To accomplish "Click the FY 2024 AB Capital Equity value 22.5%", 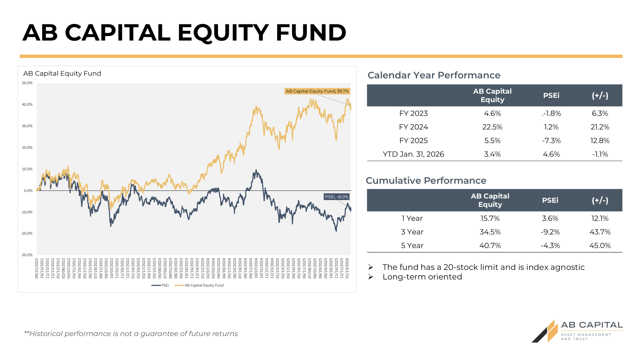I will pyautogui.click(x=492, y=127).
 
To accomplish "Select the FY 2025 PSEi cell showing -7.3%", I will pyautogui.click(x=551, y=141).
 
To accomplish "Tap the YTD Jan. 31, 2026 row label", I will pyautogui.click(x=413, y=154).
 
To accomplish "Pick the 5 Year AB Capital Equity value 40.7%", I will pyautogui.click(x=490, y=246).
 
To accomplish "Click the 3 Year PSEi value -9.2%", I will pyautogui.click(x=550, y=232).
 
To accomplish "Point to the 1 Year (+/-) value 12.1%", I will pyautogui.click(x=600, y=218).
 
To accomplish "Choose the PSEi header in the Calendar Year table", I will pyautogui.click(x=551, y=96).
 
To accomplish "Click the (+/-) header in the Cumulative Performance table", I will pyautogui.click(x=600, y=200).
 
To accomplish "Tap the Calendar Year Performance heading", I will pyautogui.click(x=434, y=75).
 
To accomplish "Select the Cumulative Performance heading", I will pyautogui.click(x=426, y=180).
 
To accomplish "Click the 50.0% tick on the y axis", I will pyautogui.click(x=27, y=83).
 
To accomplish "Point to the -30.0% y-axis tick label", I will pyautogui.click(x=27, y=255).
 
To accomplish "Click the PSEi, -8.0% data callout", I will pyautogui.click(x=336, y=197).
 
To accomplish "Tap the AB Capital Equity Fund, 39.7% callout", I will pyautogui.click(x=317, y=91).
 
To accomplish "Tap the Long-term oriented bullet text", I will pyautogui.click(x=422, y=277).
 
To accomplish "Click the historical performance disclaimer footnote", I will pyautogui.click(x=131, y=334).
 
